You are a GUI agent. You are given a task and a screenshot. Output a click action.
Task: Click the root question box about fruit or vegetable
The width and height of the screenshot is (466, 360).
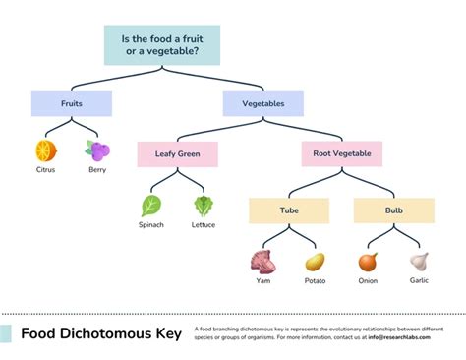[162, 45]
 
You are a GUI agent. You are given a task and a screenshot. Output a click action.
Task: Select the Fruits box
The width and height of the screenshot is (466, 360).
[71, 103]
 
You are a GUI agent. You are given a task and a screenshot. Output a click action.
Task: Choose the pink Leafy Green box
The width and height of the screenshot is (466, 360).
[177, 153]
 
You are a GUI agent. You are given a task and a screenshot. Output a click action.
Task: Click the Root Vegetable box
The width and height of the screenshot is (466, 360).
[341, 153]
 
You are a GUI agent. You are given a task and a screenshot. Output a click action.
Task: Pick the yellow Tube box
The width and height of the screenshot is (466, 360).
[288, 210]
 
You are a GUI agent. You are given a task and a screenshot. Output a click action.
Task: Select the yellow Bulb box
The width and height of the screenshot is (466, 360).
[393, 210]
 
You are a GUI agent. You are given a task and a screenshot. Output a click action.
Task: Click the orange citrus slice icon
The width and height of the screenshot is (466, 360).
[45, 150]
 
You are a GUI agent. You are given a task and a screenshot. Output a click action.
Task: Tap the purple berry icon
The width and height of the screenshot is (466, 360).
[97, 150]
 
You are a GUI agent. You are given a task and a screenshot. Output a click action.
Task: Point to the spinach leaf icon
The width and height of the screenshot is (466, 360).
[151, 206]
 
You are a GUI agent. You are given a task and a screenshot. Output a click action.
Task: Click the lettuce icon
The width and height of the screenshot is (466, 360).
[204, 206]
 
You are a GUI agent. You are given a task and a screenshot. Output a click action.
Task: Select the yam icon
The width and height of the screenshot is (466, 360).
[262, 262]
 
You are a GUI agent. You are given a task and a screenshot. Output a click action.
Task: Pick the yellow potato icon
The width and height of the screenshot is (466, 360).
[315, 262]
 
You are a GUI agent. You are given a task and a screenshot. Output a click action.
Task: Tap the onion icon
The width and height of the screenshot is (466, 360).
[368, 262]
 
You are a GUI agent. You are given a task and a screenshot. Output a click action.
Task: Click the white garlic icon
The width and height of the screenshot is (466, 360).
[419, 262]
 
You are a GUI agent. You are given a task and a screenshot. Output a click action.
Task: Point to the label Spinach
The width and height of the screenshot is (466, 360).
[151, 225]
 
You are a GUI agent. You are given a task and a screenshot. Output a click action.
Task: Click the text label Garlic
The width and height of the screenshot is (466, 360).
[419, 280]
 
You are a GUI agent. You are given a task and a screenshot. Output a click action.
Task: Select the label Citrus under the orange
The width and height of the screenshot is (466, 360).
[45, 169]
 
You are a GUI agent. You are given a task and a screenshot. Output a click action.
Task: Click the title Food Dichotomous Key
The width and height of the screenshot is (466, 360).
[101, 334]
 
